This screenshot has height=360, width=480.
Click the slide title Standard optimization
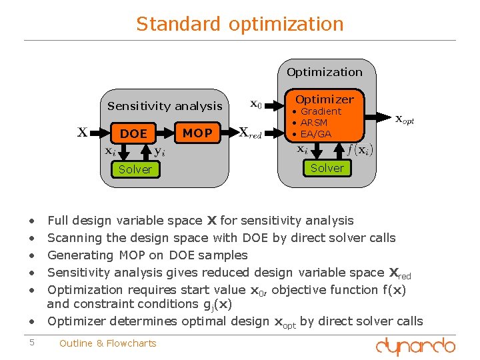click(240, 24)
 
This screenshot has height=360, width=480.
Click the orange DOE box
click(133, 133)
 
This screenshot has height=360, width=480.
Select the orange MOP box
click(197, 133)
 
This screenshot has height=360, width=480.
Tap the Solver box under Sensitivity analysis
click(135, 169)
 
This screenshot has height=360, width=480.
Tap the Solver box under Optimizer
click(327, 168)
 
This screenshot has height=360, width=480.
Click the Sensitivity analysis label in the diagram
click(165, 105)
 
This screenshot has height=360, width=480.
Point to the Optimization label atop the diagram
click(325, 72)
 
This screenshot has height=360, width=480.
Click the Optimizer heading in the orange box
click(325, 99)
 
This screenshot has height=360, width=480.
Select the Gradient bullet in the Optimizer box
click(320, 111)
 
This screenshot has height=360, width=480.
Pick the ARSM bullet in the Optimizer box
click(313, 123)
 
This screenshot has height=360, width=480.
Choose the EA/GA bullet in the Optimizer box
click(315, 134)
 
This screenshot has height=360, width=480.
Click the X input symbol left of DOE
click(83, 132)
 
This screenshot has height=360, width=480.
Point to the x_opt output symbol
click(405, 120)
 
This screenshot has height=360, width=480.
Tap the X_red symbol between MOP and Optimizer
click(250, 133)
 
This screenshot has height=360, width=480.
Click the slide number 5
click(31, 343)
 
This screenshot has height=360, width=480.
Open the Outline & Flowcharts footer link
click(107, 343)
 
